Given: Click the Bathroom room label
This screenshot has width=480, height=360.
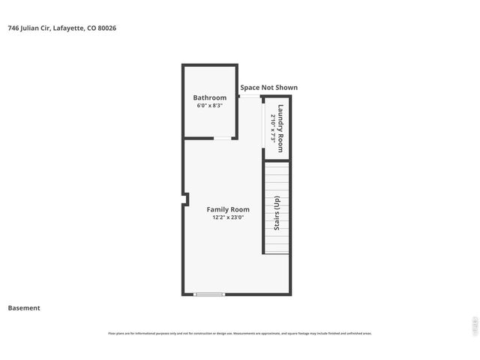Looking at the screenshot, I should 209,97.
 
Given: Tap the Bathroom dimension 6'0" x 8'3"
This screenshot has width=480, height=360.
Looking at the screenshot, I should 209,106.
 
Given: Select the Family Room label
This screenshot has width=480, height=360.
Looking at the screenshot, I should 229,209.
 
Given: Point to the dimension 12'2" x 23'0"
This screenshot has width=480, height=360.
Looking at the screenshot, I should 229,217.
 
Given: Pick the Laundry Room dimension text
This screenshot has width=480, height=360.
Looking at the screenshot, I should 272,125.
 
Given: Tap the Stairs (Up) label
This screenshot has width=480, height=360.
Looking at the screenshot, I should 277,213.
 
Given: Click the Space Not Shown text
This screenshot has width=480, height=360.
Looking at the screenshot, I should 268,88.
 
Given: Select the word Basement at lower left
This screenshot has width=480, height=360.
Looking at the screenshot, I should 24,307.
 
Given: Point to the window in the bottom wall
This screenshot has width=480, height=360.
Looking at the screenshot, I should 209,294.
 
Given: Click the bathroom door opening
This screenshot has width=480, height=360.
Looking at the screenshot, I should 223,138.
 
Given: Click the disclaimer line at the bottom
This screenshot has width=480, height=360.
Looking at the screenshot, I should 240,334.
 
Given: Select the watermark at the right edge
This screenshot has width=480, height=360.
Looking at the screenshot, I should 473,325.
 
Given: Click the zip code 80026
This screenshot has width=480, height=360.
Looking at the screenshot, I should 106,28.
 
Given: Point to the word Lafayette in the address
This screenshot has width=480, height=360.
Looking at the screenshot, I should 69,28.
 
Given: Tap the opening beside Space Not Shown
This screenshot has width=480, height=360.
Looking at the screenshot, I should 249,96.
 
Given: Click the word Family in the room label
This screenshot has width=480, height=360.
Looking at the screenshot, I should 218,209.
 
